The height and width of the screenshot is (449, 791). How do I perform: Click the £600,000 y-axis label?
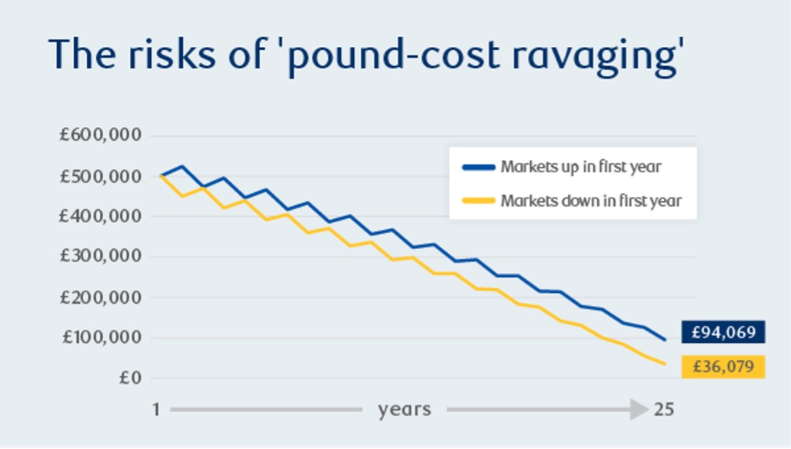click(101, 136)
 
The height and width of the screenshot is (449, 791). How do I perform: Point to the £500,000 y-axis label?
click(101, 176)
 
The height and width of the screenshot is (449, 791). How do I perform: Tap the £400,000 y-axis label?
click(101, 217)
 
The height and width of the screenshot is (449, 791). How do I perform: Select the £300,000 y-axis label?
click(101, 257)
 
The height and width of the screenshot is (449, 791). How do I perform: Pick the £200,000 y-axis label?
click(101, 297)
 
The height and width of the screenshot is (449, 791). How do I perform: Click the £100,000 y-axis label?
click(101, 338)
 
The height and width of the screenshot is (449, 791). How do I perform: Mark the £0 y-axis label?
click(129, 377)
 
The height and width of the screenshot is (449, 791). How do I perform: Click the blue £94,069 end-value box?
click(723, 333)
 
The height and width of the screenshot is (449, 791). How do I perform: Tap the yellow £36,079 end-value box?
click(723, 367)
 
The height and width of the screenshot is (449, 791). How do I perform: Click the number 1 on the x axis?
click(155, 410)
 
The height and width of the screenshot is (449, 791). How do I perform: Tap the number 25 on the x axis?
click(664, 410)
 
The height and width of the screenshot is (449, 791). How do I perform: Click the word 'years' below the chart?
click(404, 410)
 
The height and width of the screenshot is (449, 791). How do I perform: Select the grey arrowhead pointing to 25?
click(640, 410)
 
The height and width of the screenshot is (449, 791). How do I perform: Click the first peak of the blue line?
click(182, 166)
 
